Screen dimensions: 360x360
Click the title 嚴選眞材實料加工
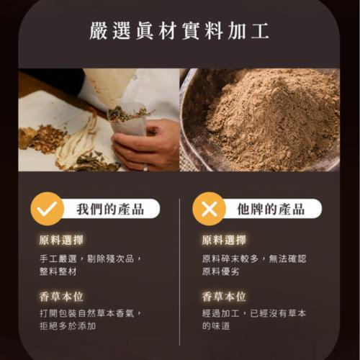[x=179, y=31]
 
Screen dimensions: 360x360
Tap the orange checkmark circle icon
[x=48, y=209]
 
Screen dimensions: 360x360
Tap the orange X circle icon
[x=209, y=209]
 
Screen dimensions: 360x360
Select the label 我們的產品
[x=110, y=209]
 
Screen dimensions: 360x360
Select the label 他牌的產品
[x=271, y=209]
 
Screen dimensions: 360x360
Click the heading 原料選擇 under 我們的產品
[x=61, y=240]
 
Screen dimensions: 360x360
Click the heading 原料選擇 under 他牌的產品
[x=224, y=240]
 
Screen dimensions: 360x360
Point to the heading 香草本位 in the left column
[x=61, y=297]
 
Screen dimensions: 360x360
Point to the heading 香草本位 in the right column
[x=224, y=297]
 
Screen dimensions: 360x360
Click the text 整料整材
[x=58, y=271]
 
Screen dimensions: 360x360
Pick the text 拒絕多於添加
[x=68, y=326]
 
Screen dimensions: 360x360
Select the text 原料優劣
[x=220, y=271]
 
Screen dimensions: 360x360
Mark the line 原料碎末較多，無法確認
[x=254, y=258]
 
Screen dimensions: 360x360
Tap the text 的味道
[x=216, y=326]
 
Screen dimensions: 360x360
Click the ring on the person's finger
[x=145, y=167]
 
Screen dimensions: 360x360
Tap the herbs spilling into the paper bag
[x=128, y=114]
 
